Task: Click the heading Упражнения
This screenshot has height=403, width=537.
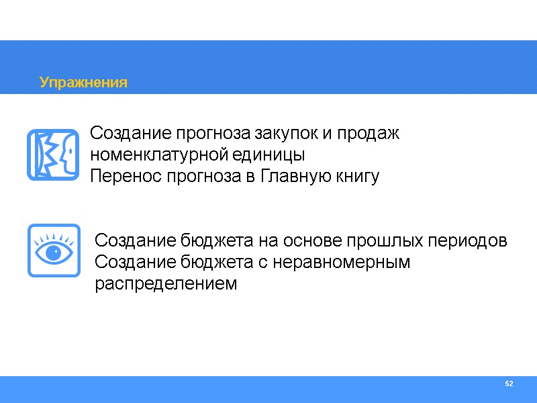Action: coord(83,83)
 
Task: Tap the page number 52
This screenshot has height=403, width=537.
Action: coord(509,384)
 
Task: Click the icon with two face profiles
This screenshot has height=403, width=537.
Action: coord(54,155)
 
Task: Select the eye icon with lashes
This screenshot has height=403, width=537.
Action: coord(54,251)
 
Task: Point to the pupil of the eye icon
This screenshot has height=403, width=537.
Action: coord(54,253)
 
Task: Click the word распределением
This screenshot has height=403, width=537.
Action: coord(166,283)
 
